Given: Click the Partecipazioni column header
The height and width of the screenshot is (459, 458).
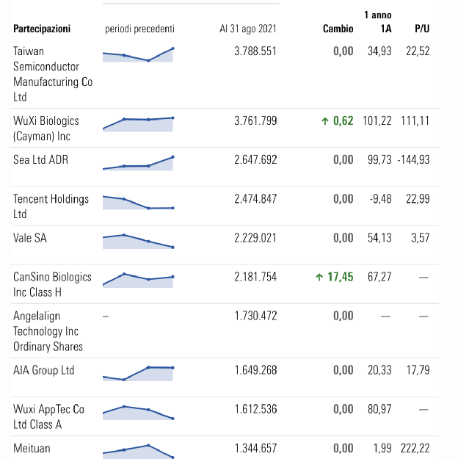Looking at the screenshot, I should coord(42,29).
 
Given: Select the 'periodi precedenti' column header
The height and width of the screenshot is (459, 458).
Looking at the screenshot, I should coord(140,29).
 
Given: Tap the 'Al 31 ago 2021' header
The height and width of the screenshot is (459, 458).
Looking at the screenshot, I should coord(248,29).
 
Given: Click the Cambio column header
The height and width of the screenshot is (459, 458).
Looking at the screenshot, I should coord(338,29).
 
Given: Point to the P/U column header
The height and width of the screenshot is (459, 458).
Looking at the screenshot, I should coord(421,29).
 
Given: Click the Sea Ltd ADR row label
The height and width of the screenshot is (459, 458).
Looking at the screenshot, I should coord(40,159).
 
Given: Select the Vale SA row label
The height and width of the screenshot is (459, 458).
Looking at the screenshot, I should coord(30,238).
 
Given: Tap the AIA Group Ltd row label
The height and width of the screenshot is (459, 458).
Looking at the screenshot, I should coord(44,370).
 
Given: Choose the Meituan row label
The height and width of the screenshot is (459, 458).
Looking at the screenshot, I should coord(32,448).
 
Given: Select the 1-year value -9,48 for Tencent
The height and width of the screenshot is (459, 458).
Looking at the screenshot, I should coord(379,199).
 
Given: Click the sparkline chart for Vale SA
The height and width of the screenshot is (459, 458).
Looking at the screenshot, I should coord(138,240).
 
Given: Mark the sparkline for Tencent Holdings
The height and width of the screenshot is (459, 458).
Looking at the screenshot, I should coord(138,203).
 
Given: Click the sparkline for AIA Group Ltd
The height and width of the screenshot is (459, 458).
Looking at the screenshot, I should coord(138,372).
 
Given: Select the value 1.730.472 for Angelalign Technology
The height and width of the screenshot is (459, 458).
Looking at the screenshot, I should coord(255,316).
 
